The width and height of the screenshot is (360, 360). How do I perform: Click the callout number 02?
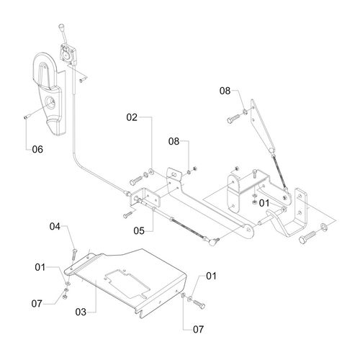(132, 117)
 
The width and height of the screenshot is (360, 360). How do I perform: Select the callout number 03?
(81, 312)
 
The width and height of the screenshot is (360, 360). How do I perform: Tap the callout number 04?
(55, 226)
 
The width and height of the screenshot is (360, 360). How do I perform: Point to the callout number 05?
(139, 231)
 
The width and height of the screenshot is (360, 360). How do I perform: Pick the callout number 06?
(37, 149)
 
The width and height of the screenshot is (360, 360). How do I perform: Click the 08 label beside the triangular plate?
(225, 91)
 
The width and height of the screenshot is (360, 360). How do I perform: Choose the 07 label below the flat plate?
(198, 330)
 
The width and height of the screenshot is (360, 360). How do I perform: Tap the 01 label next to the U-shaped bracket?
(264, 203)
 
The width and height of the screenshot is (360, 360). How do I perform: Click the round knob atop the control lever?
(60, 26)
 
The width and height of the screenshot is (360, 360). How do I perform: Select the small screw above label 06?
(26, 117)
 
